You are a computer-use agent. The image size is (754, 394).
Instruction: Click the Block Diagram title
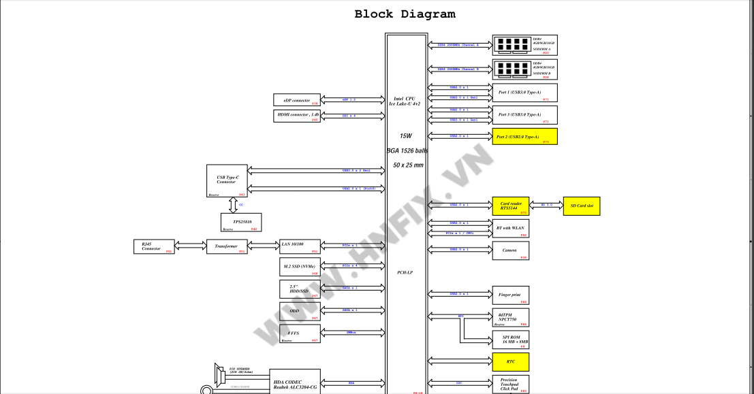[405, 14]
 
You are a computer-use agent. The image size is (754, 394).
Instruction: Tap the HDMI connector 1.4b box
[296, 116]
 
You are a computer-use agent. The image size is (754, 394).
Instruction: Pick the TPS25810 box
[240, 223]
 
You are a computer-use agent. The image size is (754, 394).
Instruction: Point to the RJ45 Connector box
[154, 246]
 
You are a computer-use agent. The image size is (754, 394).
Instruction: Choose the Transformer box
[226, 246]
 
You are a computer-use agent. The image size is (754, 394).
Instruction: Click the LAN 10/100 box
[300, 246]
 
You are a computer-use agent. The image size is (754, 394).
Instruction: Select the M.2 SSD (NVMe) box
[300, 267]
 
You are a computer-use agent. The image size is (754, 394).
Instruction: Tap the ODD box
[300, 312]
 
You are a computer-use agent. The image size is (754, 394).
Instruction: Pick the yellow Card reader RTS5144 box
[511, 206]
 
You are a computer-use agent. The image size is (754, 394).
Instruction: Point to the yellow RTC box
[511, 361]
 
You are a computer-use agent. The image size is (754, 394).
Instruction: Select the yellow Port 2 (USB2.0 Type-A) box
[524, 136]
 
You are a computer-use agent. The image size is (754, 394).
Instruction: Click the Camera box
[511, 250]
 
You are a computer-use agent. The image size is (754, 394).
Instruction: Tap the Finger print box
[511, 295]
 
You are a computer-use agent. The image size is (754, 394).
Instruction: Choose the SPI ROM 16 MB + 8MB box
[511, 340]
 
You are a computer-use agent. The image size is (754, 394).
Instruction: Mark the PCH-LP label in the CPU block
[405, 272]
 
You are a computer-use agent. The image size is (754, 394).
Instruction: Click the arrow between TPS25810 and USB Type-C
[233, 205]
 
